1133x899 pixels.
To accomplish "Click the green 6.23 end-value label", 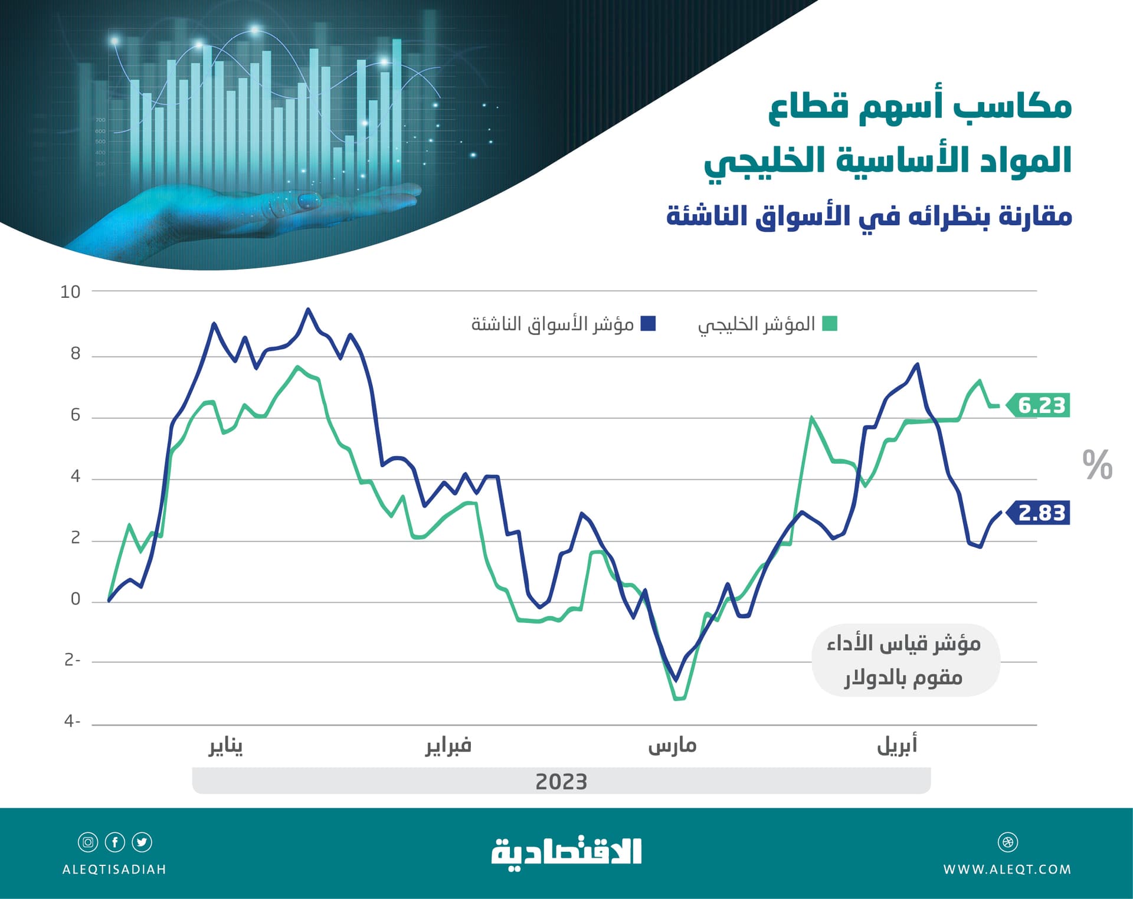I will click(1041, 405).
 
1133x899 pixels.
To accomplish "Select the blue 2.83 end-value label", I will click(1041, 513).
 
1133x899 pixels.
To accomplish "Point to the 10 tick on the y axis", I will click(70, 291).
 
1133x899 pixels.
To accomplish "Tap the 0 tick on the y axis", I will click(75, 599).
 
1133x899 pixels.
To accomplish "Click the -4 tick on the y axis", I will click(72, 721).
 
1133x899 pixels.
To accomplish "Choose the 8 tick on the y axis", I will click(75, 353).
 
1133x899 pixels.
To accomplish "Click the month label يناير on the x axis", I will click(225, 746).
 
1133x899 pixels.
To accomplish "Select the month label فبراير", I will click(448, 746).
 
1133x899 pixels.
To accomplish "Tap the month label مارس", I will click(672, 746).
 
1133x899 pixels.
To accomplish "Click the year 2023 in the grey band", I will click(561, 782).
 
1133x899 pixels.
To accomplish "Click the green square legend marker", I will click(830, 324).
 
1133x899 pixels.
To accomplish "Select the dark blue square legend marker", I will click(648, 324).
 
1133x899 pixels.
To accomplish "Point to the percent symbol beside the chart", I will click(1097, 465).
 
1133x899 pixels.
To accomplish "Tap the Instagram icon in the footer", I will click(88, 842).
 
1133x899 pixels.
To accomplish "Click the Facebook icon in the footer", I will click(115, 842).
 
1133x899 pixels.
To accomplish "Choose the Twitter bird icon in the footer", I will click(142, 842).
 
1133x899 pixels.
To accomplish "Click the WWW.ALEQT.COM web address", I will click(1007, 870).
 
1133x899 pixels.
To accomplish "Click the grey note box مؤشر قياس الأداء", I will click(905, 660).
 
